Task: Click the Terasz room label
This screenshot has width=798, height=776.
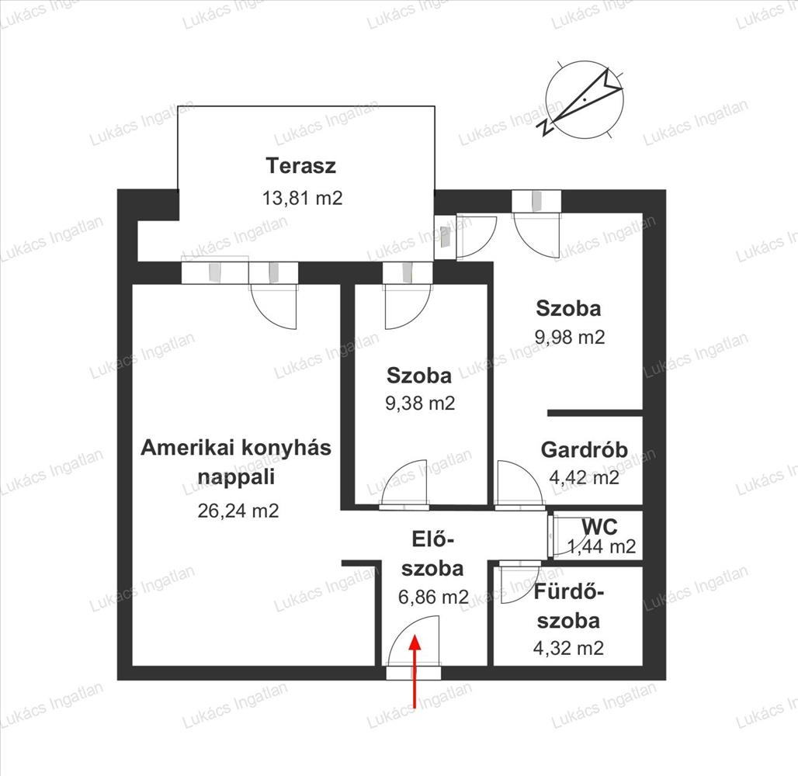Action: (300, 166)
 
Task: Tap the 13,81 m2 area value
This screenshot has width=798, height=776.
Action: (302, 198)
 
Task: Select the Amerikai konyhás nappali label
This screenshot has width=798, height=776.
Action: (236, 462)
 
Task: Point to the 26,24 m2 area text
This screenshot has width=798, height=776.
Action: (238, 511)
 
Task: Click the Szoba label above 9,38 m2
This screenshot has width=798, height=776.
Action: (419, 376)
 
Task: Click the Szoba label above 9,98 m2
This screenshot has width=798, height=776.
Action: (568, 308)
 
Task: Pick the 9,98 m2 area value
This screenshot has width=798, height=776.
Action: (570, 337)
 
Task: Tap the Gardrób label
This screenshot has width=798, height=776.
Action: (585, 450)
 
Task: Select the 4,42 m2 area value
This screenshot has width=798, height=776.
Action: (585, 477)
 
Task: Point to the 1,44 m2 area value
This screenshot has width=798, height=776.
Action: (602, 546)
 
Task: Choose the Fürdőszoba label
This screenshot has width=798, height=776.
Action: (568, 607)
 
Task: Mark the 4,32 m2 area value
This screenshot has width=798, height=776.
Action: (568, 648)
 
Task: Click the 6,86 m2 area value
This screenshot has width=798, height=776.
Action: (433, 597)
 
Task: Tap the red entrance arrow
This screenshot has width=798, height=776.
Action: (415, 671)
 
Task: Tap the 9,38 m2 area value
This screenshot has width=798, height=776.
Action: (421, 404)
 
